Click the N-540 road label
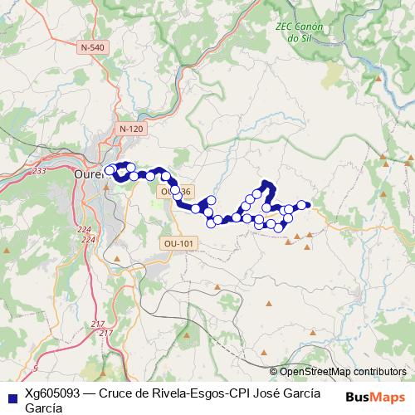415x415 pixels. tap(93, 47)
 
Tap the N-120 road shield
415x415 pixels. tap(131, 129)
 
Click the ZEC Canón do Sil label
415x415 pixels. tap(299, 32)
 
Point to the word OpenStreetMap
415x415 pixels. tap(312, 372)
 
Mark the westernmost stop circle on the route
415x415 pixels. tap(110, 168)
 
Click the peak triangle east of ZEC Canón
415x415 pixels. tap(380, 79)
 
